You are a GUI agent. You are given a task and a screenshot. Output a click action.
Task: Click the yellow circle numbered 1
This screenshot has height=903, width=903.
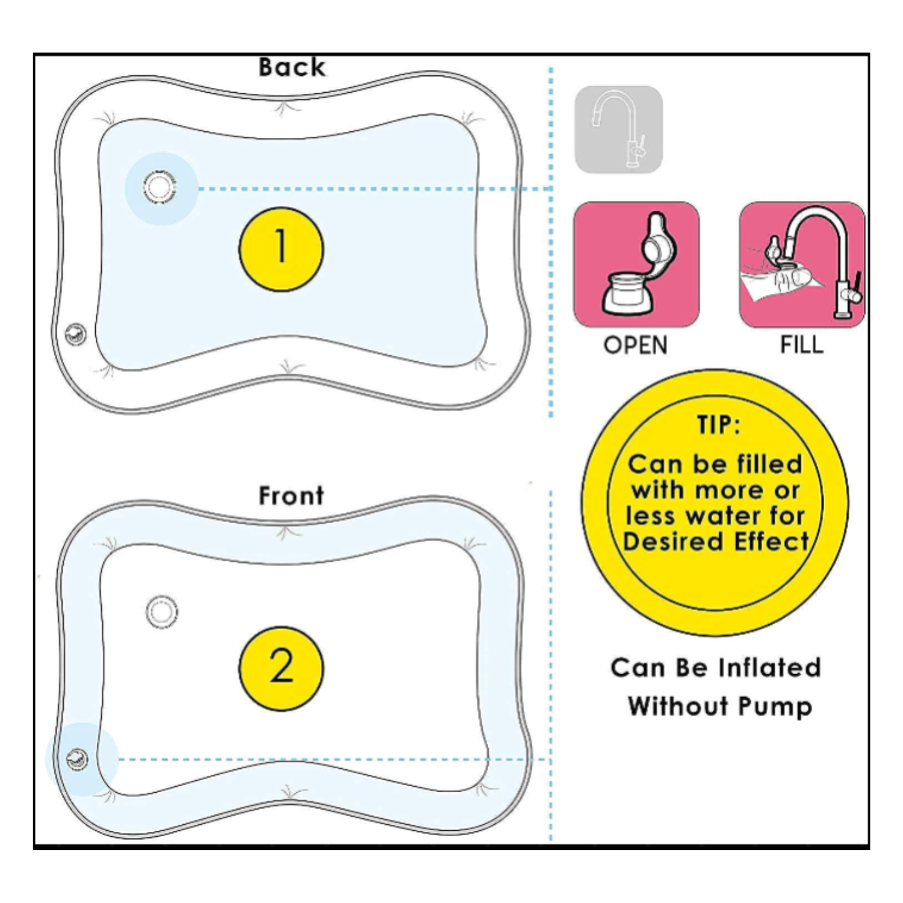click(281, 249)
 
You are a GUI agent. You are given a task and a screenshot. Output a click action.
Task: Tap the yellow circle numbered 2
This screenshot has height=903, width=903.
click(281, 668)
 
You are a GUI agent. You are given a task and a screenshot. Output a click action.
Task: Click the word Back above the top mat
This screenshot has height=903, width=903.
click(292, 67)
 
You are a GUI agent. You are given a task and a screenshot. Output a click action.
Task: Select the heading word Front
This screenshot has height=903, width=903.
click(291, 495)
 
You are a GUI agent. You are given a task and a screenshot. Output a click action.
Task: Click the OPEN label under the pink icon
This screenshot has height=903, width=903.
click(636, 346)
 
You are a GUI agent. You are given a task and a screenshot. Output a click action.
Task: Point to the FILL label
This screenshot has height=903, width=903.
click(802, 346)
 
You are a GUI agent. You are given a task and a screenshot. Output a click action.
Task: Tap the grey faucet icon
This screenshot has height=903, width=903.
click(619, 129)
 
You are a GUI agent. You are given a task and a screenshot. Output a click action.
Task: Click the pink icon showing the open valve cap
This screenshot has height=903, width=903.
click(636, 265)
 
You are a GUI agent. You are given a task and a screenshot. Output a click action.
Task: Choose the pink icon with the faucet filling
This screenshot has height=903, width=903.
click(802, 265)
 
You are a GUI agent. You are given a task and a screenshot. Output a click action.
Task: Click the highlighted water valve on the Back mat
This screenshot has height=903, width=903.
click(160, 187)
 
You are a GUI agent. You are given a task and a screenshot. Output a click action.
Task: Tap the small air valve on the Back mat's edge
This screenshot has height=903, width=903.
click(75, 334)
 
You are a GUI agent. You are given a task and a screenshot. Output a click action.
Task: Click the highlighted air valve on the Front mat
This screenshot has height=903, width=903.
click(77, 759)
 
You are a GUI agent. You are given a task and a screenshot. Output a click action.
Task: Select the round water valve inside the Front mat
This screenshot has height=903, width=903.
click(162, 612)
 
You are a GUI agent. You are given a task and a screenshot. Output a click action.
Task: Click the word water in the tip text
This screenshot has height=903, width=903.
click(725, 516)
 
